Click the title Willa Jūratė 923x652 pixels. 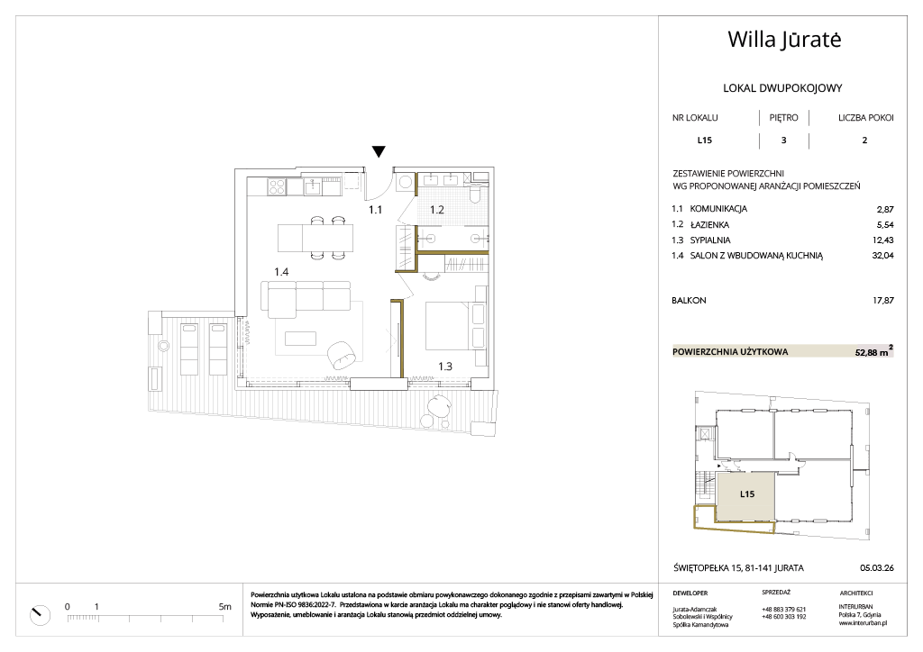(784, 40)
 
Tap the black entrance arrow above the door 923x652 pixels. (379, 151)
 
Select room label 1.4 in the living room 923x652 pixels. (281, 272)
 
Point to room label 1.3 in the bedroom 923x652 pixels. (445, 367)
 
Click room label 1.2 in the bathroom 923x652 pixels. (437, 209)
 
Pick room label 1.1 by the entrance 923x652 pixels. (376, 209)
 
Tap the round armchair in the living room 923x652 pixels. (343, 356)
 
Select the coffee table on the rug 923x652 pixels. (300, 338)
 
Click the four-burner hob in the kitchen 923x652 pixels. (277, 186)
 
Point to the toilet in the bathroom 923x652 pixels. (476, 192)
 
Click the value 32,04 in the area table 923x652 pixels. (882, 255)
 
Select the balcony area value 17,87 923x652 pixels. (882, 301)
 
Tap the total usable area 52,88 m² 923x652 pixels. (873, 351)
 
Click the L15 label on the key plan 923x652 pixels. (747, 494)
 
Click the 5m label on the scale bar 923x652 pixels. (224, 607)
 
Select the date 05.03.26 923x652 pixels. (876, 568)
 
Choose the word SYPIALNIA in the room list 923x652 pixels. (710, 240)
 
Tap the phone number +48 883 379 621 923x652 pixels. (783, 610)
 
